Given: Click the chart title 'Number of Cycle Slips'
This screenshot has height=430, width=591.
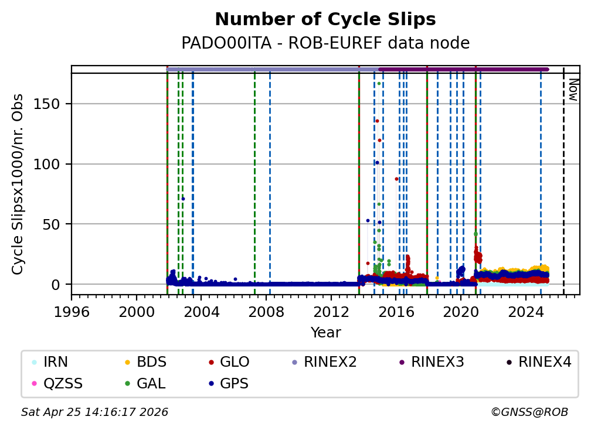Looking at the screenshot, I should pyautogui.click(x=325, y=20).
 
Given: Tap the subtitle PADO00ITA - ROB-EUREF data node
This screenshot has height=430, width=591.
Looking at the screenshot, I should pyautogui.click(x=325, y=43).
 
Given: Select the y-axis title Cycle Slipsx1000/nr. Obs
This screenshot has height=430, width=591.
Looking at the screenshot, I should pyautogui.click(x=18, y=184).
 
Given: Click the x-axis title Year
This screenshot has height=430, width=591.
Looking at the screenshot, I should pyautogui.click(x=325, y=333).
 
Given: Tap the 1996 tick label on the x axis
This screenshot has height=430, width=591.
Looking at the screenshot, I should pyautogui.click(x=72, y=312).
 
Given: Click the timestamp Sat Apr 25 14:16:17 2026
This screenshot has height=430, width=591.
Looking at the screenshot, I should pyautogui.click(x=94, y=412).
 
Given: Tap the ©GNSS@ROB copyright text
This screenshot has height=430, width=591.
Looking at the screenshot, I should pyautogui.click(x=529, y=412).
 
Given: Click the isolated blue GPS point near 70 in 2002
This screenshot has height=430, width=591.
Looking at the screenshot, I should pyautogui.click(x=183, y=199).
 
